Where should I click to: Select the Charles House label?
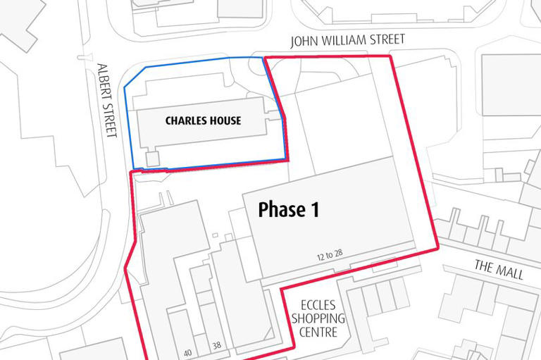point(203,120)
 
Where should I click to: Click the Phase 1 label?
point(289,209)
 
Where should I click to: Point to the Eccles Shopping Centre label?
point(318,318)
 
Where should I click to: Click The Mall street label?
point(499,270)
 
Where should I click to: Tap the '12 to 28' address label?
point(333,252)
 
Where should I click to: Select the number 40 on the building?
point(187,352)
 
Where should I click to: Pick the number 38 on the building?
point(217,346)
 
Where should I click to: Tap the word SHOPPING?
point(319,318)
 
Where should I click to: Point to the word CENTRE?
point(318,332)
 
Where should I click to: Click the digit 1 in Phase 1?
point(314,209)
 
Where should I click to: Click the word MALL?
point(509,272)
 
